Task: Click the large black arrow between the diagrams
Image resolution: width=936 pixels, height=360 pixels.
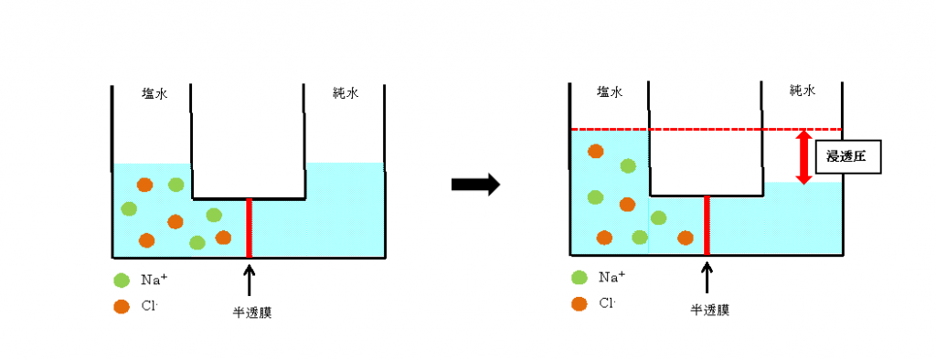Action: pos(475,185)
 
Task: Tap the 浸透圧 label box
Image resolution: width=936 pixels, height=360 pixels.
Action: pos(853,157)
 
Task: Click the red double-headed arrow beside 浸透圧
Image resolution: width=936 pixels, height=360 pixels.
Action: pos(803,157)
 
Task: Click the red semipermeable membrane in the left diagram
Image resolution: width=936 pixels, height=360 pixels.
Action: pos(249,227)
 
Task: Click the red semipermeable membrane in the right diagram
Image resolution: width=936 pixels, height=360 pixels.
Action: pos(706,227)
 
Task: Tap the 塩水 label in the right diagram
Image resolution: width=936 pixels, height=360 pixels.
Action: pos(609,91)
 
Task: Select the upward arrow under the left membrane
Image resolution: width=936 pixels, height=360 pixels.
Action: pos(249,276)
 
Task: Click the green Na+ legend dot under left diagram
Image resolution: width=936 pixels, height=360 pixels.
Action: pos(121,280)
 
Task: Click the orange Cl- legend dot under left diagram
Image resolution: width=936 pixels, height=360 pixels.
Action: pos(121,307)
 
